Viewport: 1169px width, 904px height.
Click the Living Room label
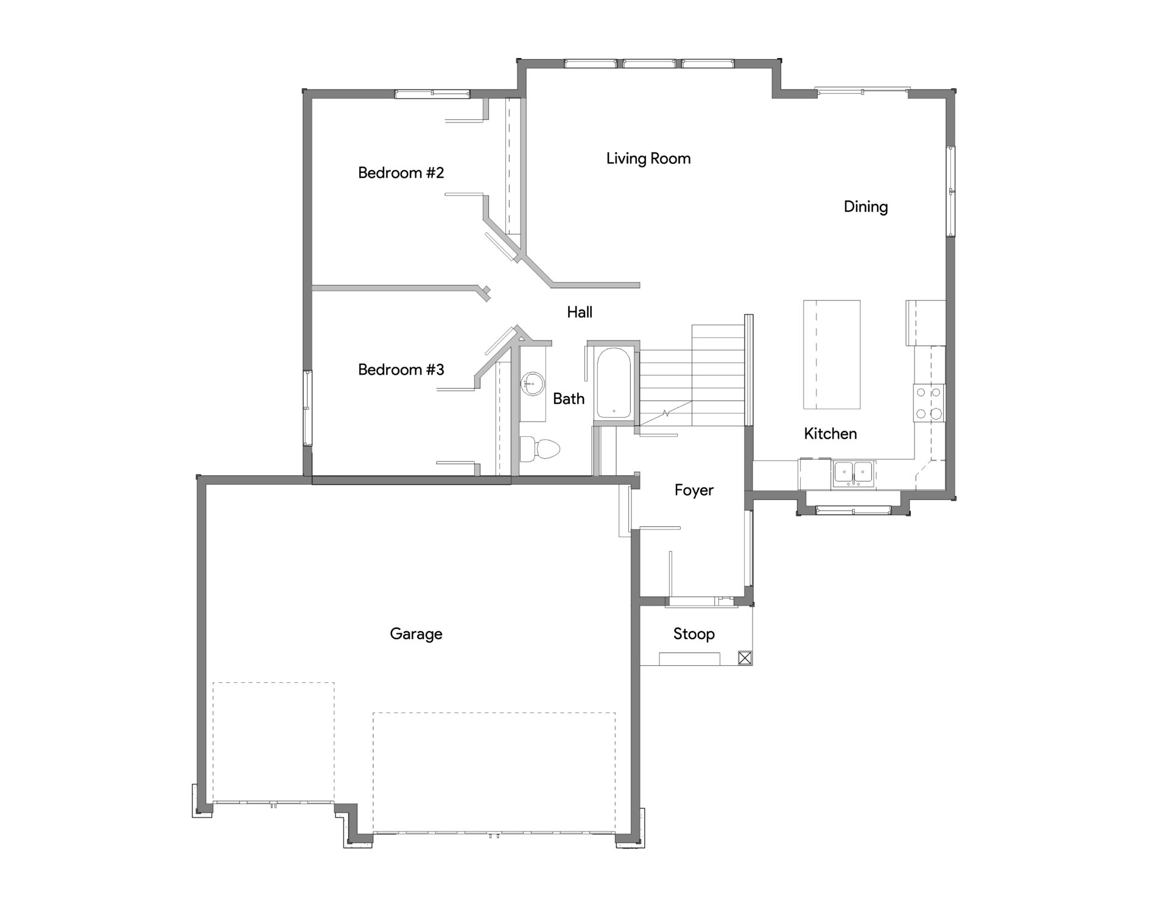tap(648, 159)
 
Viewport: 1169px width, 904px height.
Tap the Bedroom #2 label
tap(401, 173)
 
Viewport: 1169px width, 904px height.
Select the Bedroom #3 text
tap(401, 370)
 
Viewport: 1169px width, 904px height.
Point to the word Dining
tap(865, 207)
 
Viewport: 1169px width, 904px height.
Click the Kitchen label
tap(830, 434)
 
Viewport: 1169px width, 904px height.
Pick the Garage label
tap(416, 634)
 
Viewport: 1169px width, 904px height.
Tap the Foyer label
tap(693, 490)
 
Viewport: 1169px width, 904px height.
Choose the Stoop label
tap(693, 634)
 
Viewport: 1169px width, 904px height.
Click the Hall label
tap(579, 313)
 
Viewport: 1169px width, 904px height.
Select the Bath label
tap(569, 399)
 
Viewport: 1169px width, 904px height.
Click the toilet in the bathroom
tap(540, 449)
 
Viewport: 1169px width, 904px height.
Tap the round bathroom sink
tap(532, 384)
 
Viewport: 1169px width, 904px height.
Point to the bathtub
tap(614, 383)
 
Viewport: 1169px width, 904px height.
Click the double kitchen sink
tap(854, 473)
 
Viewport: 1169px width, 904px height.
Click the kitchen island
tap(832, 354)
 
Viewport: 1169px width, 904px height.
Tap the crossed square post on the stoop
tap(745, 658)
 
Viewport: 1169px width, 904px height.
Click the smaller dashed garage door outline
tap(273, 742)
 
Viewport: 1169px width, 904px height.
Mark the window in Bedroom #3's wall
tap(308, 408)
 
